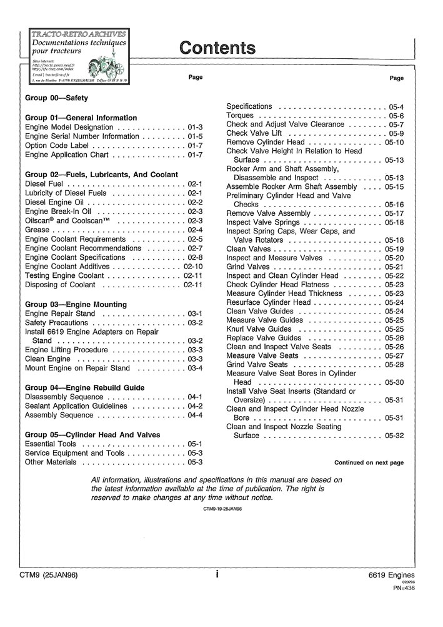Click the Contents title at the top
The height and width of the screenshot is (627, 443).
(x=217, y=48)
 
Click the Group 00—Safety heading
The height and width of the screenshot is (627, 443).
(x=56, y=98)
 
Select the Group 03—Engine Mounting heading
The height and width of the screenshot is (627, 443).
(x=76, y=304)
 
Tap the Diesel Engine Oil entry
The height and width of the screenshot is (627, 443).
(x=56, y=203)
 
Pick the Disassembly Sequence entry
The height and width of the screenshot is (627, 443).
(x=64, y=397)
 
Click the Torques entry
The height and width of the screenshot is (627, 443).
(x=240, y=116)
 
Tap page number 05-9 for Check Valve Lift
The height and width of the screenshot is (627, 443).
(x=396, y=133)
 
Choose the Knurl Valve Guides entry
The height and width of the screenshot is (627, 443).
(x=259, y=329)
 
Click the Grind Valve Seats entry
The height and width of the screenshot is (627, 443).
(x=257, y=365)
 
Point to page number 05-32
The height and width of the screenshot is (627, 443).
(x=394, y=436)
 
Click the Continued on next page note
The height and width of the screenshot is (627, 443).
(x=369, y=463)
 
